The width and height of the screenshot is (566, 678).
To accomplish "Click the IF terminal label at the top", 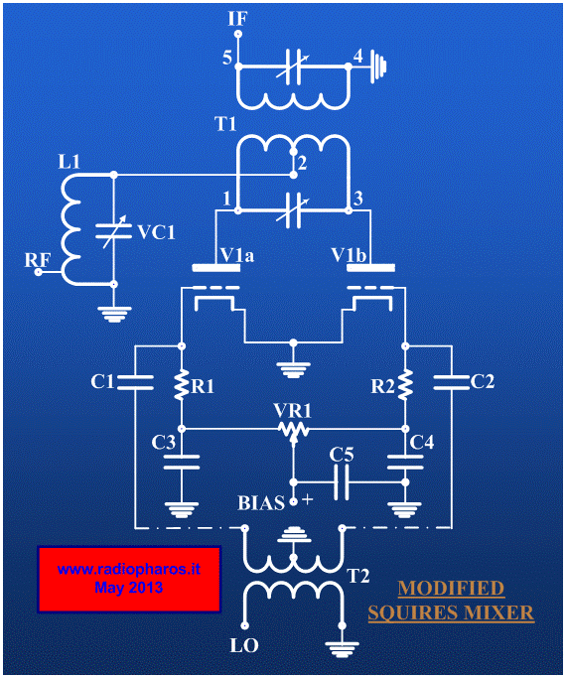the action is [237, 19].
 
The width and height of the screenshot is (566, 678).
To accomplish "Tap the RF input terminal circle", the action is [38, 272].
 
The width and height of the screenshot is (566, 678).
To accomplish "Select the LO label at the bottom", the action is [244, 646].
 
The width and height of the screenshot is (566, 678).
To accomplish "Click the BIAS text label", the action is [261, 503].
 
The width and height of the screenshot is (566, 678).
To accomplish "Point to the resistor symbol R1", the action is [182, 385].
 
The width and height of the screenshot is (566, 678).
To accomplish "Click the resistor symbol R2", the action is [405, 385].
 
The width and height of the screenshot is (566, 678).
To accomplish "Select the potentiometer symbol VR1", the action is [293, 431].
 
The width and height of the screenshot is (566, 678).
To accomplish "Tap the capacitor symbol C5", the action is [342, 482].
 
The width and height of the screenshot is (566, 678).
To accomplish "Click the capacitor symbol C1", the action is [135, 383].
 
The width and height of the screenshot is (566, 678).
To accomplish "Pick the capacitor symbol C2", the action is [452, 383].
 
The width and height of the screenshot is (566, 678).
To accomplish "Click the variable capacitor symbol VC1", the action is [113, 231].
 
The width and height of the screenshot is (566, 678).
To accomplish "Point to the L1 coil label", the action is [70, 162].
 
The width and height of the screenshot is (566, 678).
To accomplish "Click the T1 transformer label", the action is [225, 124].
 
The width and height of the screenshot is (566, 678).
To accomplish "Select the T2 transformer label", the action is [358, 577].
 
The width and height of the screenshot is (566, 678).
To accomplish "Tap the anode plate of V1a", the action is [215, 268].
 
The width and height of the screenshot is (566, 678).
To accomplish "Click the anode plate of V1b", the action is [370, 268].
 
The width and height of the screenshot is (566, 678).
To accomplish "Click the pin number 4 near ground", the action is [358, 57].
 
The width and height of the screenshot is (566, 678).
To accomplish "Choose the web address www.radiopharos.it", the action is [129, 569].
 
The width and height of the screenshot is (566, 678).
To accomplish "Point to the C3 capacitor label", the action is [164, 443].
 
